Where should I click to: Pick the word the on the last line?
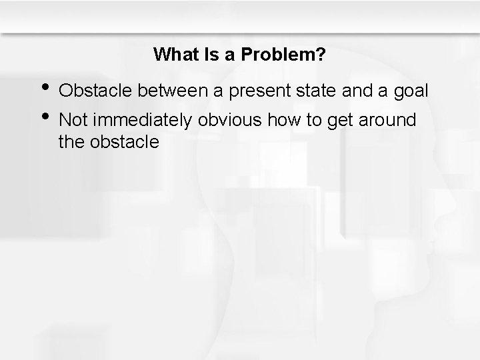pyautogui.click(x=71, y=141)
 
